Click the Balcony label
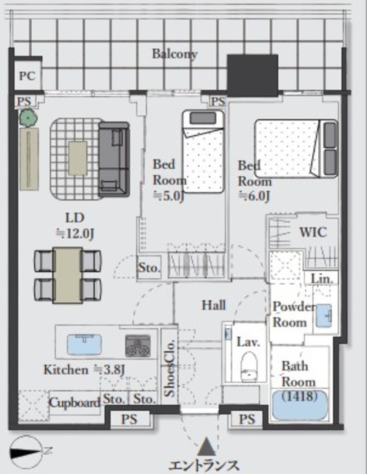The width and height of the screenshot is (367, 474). pos(175,54)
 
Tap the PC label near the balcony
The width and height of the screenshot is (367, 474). pos(27,76)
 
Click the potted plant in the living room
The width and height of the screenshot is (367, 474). pos(28,118)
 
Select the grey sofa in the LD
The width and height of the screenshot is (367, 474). pos(114,160)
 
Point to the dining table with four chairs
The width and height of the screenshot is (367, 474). pos(67,275)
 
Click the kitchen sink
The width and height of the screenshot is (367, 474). pos(84,344)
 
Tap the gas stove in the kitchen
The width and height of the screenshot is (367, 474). pos(138,346)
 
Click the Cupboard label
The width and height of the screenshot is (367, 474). pos(74,403)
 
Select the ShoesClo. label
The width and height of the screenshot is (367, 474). pos(169,368)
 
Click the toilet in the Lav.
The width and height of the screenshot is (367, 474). pos(249,367)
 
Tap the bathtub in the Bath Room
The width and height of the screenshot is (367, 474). pos(300,405)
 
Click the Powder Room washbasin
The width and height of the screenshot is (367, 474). pos(324,316)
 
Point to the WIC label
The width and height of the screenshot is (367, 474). pos(313,232)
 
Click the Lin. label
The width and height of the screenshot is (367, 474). pos(322,278)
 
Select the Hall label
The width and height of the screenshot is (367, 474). pos(214,305)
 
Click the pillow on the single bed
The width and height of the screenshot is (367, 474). pos(203,118)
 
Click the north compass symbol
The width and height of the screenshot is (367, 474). pos(28,452)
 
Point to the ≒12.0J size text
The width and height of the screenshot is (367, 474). pos(75,234)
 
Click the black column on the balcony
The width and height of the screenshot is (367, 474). pos(252,76)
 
